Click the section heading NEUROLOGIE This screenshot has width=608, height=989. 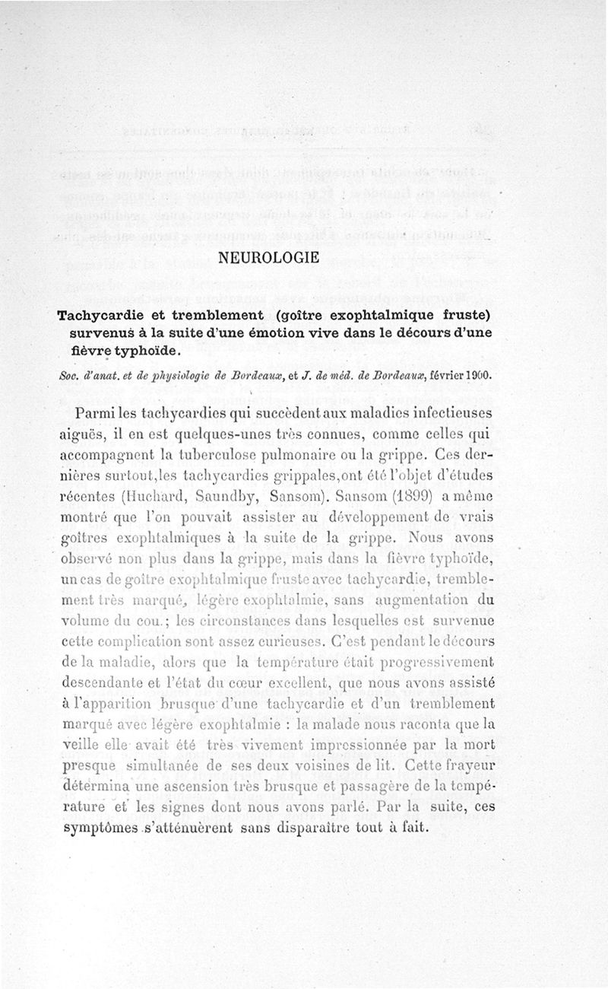coord(268,257)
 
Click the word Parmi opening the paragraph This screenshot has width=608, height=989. coord(96,413)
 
